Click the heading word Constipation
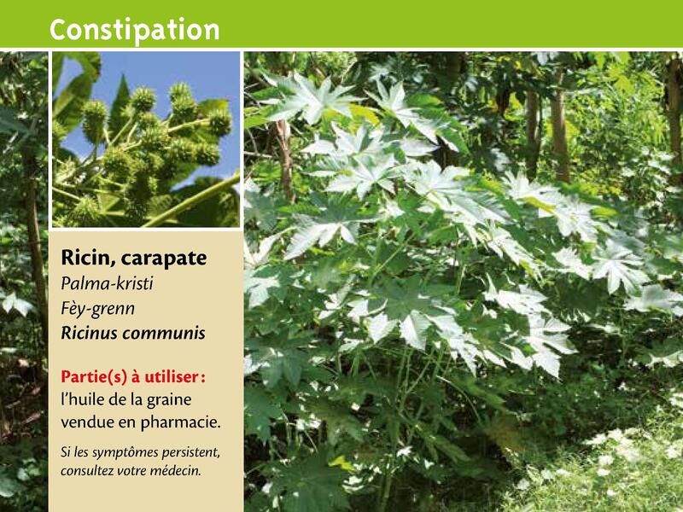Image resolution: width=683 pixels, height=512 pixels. [134, 30]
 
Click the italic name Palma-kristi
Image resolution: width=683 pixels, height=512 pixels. [107, 283]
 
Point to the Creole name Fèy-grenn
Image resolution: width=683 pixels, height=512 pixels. [97, 309]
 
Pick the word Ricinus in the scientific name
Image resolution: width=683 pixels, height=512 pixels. [89, 333]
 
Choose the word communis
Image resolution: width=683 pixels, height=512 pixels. [164, 334]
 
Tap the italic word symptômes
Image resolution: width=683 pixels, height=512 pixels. [124, 453]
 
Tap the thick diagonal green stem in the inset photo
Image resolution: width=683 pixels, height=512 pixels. [191, 201]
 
